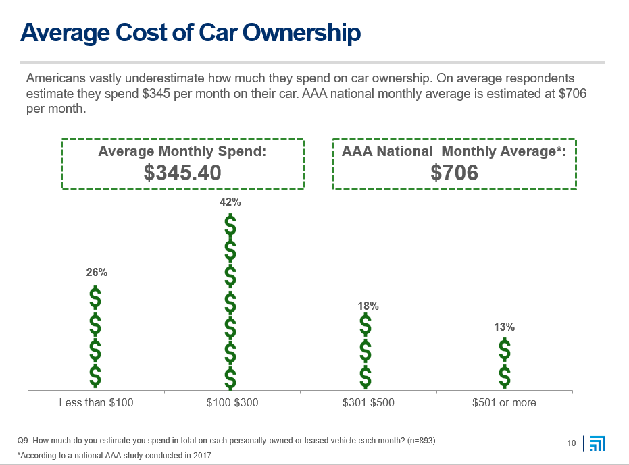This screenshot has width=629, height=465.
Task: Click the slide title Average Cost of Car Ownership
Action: click(190, 32)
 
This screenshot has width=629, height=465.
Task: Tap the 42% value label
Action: click(230, 202)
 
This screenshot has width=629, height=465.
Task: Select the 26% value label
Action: click(96, 273)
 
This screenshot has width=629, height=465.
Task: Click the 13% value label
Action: click(504, 327)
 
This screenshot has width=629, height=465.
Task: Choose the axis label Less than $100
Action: click(96, 403)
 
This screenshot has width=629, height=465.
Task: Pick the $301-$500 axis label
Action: click(368, 403)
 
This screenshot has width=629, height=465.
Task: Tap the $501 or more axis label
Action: click(504, 403)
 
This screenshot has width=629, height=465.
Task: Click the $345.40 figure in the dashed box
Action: click(182, 173)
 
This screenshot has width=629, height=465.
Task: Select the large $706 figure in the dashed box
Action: click(454, 173)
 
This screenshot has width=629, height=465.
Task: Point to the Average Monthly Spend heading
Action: click(182, 151)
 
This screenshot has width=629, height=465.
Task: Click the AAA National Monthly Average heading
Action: click(454, 151)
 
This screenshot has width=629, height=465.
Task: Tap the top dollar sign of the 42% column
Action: click(230, 226)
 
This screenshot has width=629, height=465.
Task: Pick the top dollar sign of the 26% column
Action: click(96, 298)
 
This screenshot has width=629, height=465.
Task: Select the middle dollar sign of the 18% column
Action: click(366, 351)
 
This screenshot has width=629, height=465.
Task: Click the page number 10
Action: click(572, 443)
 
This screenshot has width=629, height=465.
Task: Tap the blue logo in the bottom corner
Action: click(597, 443)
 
